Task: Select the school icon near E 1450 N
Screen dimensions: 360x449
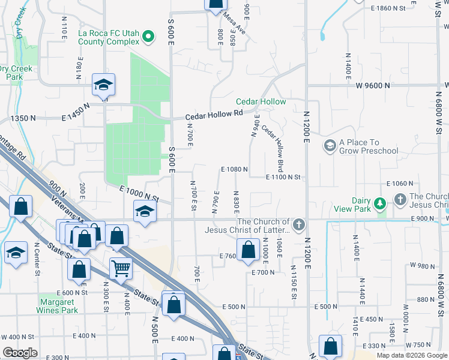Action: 103,86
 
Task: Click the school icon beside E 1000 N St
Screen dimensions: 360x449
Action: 145,212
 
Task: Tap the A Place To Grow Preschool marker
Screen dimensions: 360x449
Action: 330,146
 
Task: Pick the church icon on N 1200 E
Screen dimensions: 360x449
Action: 300,225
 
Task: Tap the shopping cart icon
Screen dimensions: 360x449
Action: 121,269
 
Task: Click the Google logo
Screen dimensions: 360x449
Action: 20,353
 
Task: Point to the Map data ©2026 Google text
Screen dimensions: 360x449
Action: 411,355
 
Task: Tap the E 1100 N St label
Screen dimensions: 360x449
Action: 283,177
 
